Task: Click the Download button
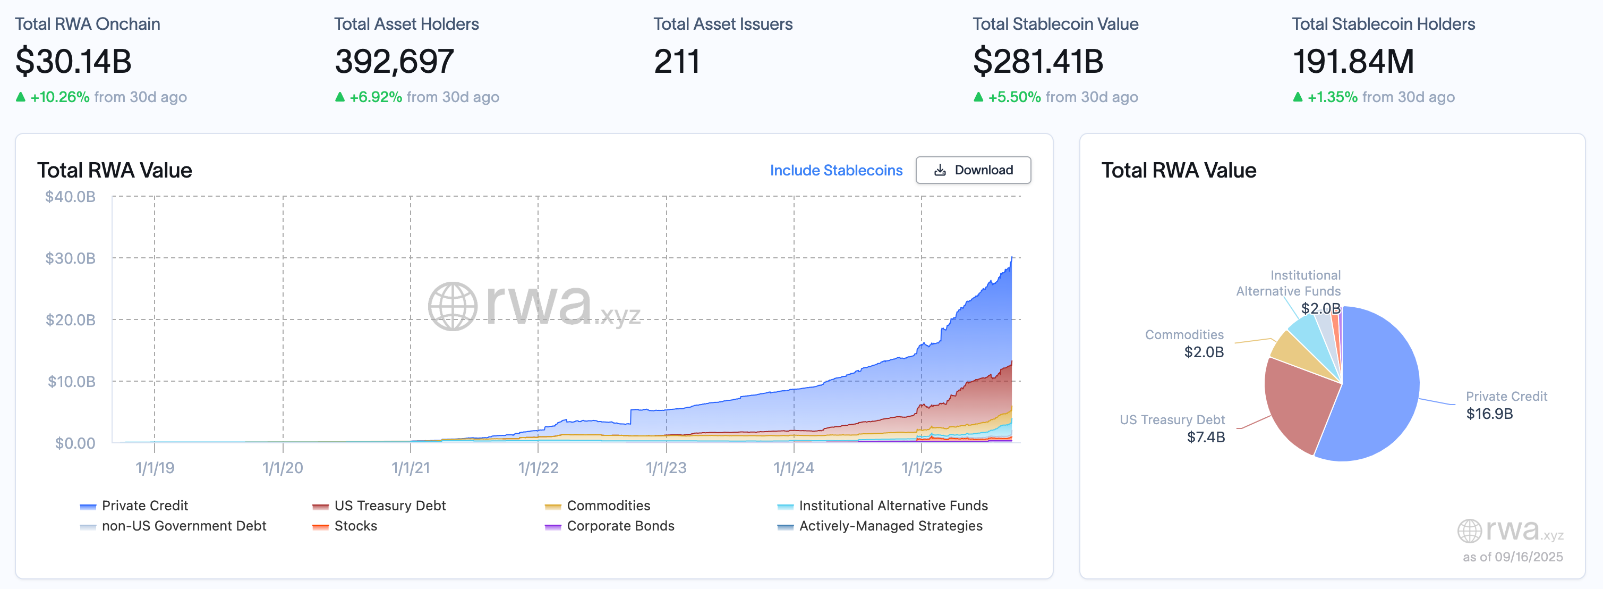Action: (x=973, y=170)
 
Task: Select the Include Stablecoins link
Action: (x=835, y=170)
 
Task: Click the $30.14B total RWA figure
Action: (x=73, y=62)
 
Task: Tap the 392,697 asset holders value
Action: (x=394, y=62)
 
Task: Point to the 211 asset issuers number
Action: (x=677, y=62)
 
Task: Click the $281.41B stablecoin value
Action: (x=1038, y=62)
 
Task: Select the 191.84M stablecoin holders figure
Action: (x=1353, y=62)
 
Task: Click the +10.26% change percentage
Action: (x=59, y=97)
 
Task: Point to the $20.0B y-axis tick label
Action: (x=70, y=320)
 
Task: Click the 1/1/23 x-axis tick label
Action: (x=666, y=468)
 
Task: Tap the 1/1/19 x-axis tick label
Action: (x=155, y=468)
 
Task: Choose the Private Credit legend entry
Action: (x=144, y=506)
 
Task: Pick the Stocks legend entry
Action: (x=355, y=526)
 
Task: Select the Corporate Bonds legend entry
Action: (x=620, y=526)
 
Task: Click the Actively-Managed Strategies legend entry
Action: (x=890, y=526)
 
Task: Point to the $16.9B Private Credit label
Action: (x=1489, y=414)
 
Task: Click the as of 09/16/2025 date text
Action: (x=1512, y=557)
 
